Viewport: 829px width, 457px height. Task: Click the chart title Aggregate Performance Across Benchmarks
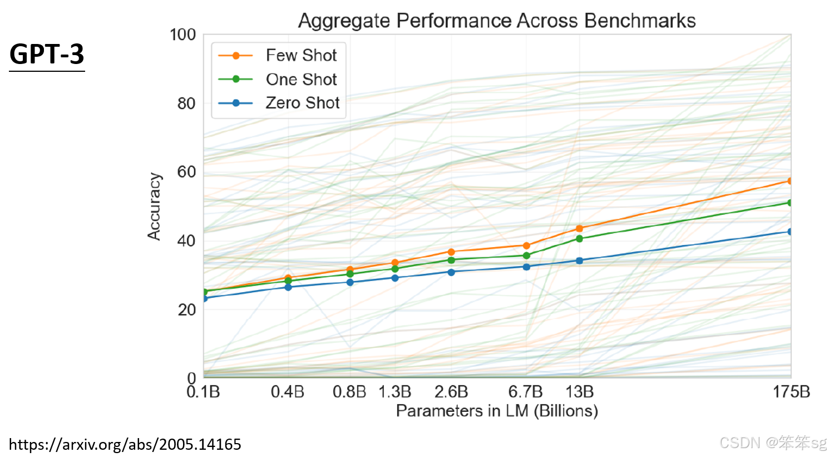click(x=496, y=21)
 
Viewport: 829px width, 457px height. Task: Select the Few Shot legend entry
click(x=301, y=55)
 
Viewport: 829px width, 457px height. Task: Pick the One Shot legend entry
click(x=301, y=79)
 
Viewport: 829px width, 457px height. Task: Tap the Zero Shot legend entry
click(x=302, y=103)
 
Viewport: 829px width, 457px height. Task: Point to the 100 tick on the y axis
click(x=182, y=35)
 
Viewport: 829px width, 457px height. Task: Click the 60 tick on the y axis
click(x=186, y=172)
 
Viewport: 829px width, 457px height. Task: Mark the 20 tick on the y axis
click(x=186, y=310)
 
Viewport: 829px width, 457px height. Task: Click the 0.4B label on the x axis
click(x=287, y=392)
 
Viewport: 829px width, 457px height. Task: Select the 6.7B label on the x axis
click(x=525, y=392)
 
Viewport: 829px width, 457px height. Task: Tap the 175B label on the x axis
click(x=791, y=392)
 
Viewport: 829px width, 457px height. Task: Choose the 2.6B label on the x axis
click(x=451, y=392)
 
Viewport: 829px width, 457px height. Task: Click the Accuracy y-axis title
click(x=154, y=207)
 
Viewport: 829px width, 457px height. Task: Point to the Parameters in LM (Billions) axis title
click(x=497, y=411)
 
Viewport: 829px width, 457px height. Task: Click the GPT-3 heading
click(x=47, y=55)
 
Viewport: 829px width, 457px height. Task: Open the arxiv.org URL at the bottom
click(x=125, y=444)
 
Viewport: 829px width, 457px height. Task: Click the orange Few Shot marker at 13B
click(x=579, y=229)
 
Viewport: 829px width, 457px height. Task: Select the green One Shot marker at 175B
click(x=789, y=203)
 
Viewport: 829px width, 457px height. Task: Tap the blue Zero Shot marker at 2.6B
click(x=451, y=272)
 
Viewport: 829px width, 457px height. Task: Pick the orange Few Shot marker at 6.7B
click(x=526, y=245)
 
